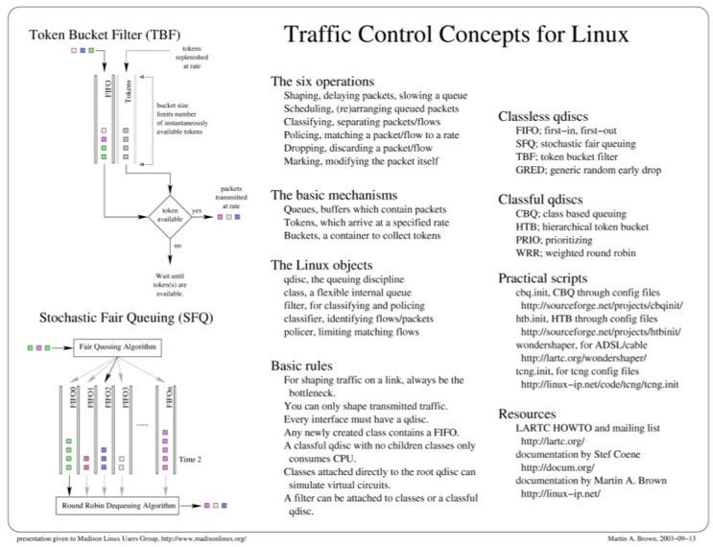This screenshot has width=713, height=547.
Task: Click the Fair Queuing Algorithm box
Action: tap(117, 345)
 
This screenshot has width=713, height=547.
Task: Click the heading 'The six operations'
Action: tap(321, 82)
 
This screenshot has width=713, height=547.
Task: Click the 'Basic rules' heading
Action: tap(303, 366)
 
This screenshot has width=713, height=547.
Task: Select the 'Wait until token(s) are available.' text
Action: tap(170, 286)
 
